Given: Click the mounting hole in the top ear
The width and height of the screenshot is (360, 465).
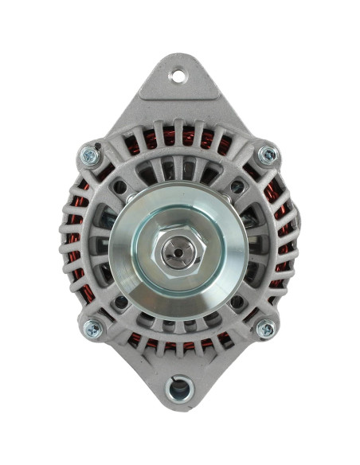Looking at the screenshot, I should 178,77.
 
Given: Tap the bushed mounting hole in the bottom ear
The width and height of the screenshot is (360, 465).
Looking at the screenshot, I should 180,389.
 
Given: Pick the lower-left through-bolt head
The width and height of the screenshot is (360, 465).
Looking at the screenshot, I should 93,326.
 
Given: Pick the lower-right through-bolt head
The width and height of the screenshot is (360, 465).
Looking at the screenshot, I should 266,327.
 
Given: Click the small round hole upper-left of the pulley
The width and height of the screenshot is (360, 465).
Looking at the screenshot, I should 121,188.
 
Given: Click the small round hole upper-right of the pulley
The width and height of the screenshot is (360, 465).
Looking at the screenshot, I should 237,188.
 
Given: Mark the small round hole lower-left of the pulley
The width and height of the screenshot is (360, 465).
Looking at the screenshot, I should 121,303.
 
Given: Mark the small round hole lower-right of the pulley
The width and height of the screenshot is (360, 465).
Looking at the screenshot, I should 237,303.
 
